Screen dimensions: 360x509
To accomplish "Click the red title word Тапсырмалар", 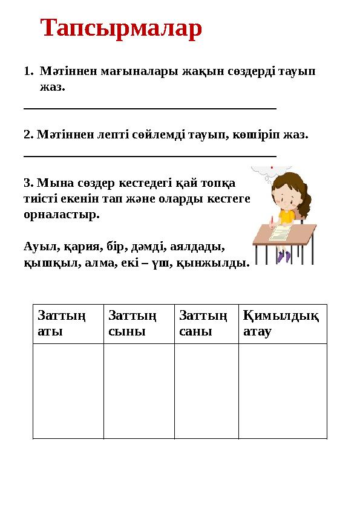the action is click(121, 29).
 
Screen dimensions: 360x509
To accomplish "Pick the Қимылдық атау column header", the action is click(281, 323).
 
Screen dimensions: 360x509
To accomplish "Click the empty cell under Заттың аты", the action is click(68, 391).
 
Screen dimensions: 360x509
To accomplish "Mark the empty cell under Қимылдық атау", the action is click(283, 391).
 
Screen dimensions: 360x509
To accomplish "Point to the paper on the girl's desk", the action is click(281, 232).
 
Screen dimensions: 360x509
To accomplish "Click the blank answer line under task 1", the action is click(149, 109).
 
